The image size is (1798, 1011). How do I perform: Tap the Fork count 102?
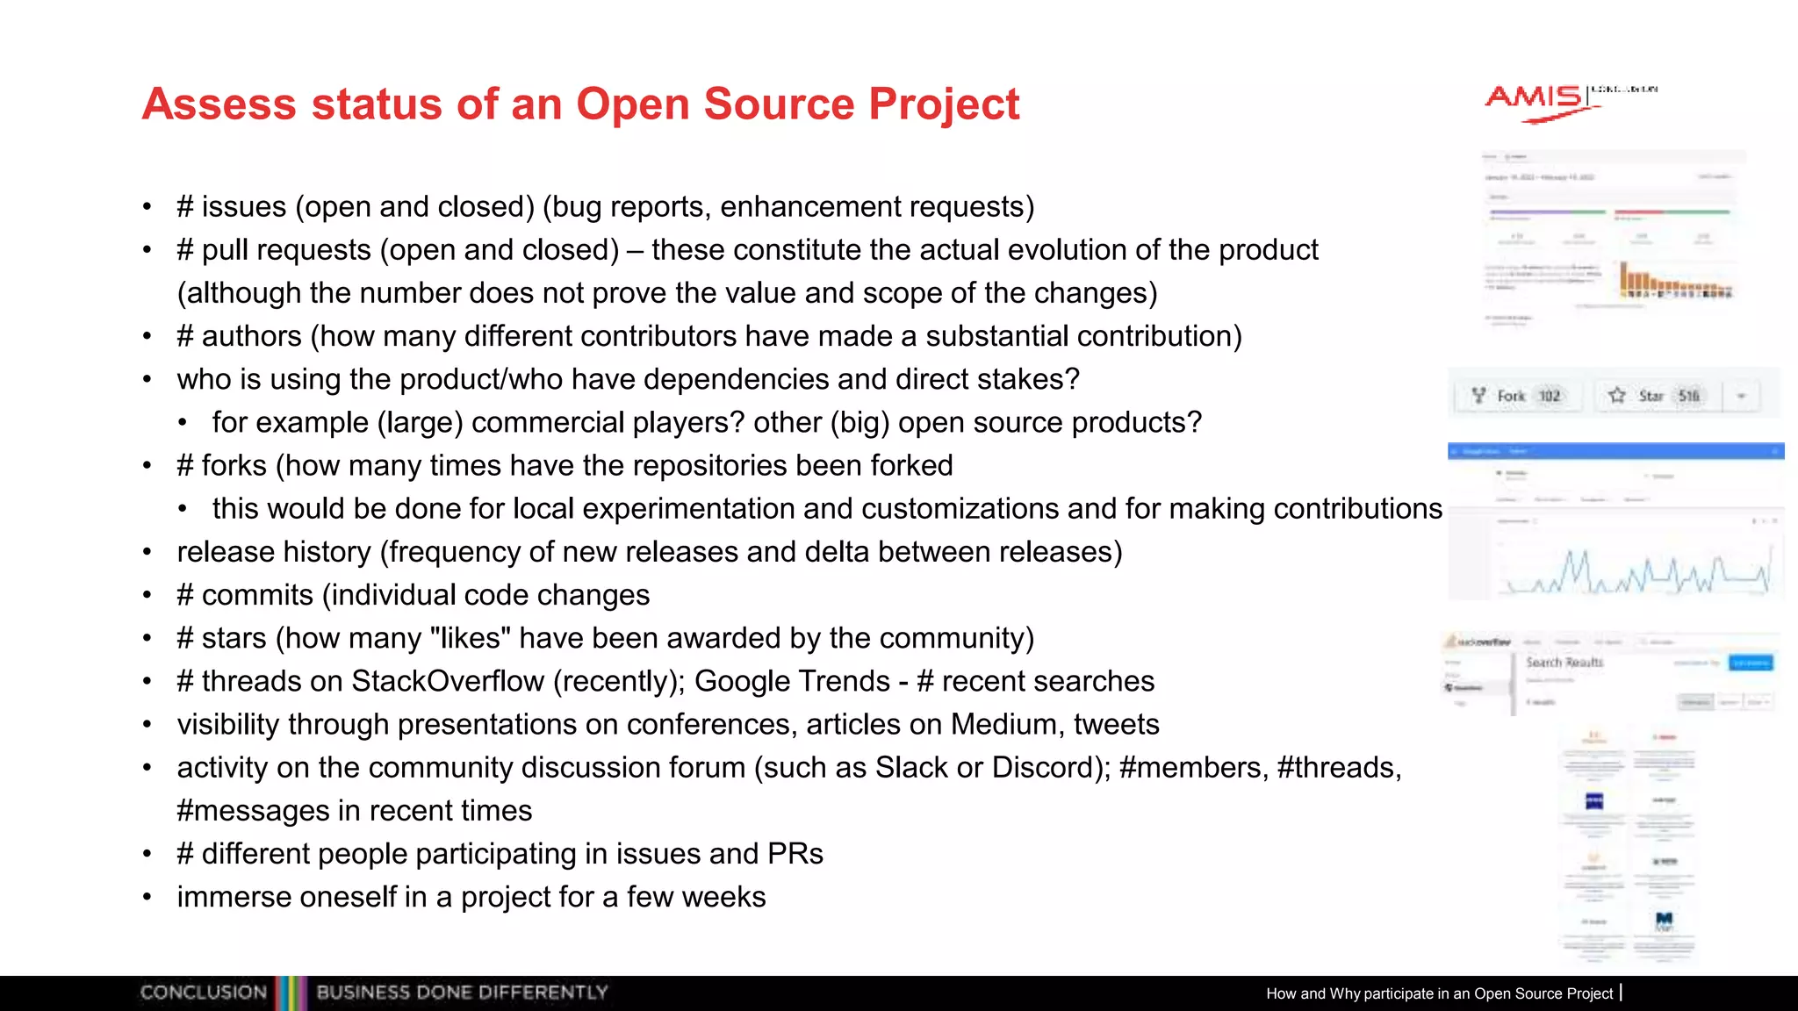[x=1550, y=396]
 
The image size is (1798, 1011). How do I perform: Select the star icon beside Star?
[x=1617, y=396]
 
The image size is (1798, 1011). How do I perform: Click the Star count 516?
[x=1688, y=396]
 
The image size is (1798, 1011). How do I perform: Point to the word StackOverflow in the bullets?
[x=447, y=681]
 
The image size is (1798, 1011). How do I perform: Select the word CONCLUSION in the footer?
[x=204, y=993]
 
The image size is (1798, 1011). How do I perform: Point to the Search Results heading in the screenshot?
[x=1564, y=662]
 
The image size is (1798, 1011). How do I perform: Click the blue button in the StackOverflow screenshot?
[x=1751, y=663]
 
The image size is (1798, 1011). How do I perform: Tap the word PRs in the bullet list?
[x=795, y=854]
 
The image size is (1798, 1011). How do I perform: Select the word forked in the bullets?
[x=912, y=465]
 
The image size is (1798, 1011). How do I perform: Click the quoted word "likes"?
[x=471, y=638]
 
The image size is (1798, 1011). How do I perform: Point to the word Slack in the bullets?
[x=911, y=767]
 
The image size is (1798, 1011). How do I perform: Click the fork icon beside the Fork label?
[x=1479, y=396]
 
